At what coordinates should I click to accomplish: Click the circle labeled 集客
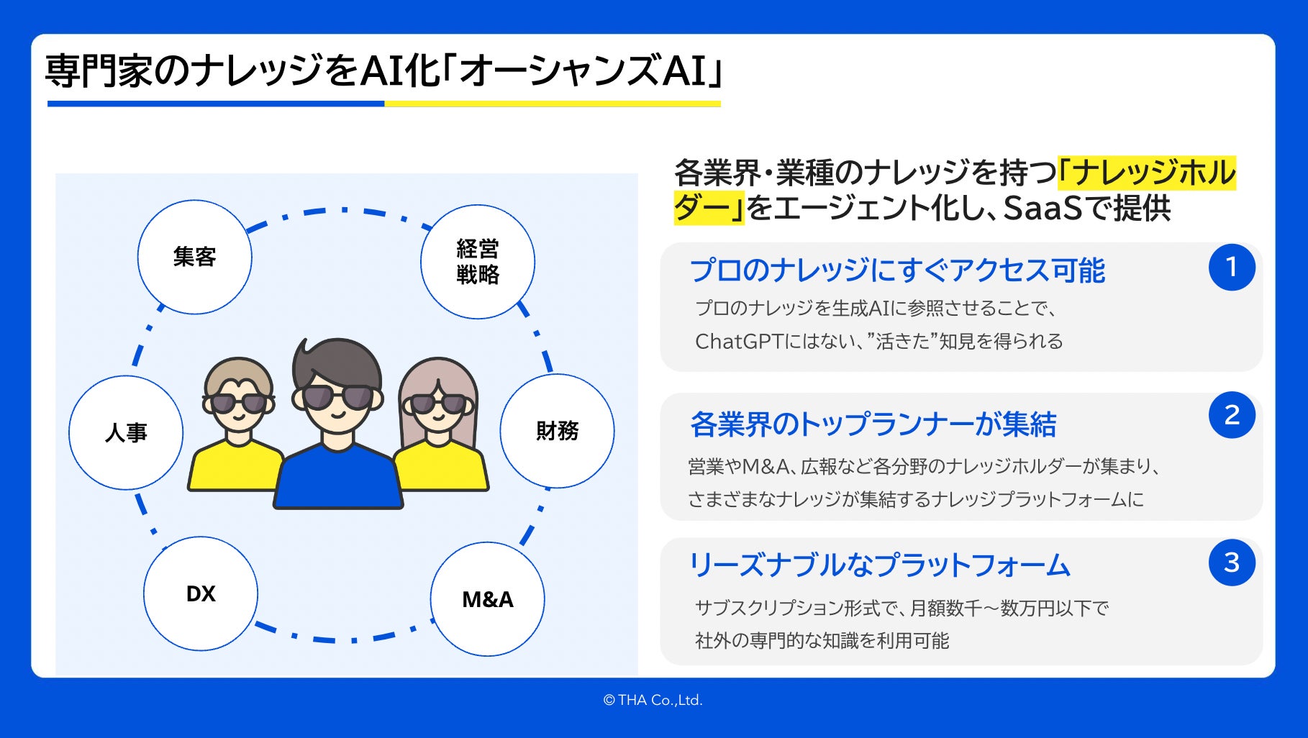194,257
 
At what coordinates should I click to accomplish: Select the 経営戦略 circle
477,262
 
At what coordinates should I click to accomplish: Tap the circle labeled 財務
557,431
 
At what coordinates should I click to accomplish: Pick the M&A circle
487,599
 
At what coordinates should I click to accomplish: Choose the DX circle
201,593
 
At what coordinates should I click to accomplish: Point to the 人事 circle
126,432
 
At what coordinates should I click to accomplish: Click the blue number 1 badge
1232,267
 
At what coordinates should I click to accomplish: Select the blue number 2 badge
1232,415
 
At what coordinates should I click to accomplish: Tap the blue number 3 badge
1232,562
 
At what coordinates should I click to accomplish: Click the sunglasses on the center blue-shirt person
337,397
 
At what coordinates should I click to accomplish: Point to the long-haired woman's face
437,410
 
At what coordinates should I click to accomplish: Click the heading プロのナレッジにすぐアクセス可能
897,270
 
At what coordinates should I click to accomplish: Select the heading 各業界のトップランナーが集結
873,424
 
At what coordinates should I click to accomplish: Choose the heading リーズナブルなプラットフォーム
879,565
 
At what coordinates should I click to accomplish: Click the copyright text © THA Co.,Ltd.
653,700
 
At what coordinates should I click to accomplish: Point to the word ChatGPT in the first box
738,341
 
